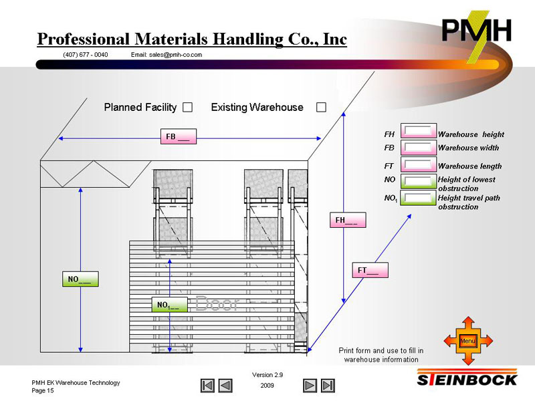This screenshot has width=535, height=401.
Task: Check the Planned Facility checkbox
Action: point(188,108)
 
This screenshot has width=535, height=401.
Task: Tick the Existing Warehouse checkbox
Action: point(321,108)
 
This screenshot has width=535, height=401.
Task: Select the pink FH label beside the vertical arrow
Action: point(348,220)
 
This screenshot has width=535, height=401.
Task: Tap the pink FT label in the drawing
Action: point(370,271)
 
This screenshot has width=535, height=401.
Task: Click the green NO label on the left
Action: point(80,279)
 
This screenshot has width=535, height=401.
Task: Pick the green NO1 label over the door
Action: point(169,305)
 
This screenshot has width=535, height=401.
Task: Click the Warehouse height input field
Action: point(418,132)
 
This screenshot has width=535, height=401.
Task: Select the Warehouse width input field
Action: point(418,148)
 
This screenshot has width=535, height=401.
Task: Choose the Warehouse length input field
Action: point(418,164)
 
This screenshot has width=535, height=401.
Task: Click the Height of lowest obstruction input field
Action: point(418,182)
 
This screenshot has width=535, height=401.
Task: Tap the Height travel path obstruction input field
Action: point(418,198)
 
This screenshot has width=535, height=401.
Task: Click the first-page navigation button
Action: point(208,386)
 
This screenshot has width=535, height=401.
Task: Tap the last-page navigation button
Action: point(328,386)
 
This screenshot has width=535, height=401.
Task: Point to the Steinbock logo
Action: point(468,380)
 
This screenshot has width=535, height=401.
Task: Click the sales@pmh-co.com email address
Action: point(167,55)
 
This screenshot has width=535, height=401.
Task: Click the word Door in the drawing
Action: point(217,303)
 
